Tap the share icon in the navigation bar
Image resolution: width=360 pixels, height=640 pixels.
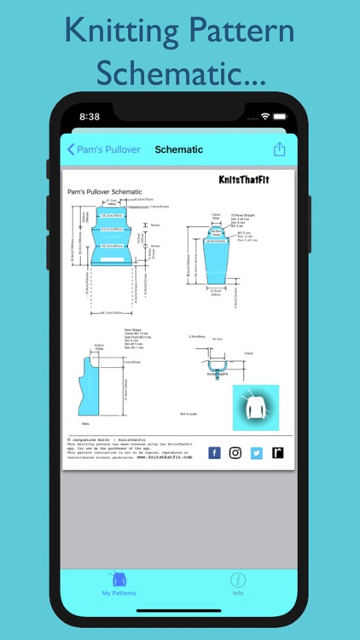pyautogui.click(x=279, y=149)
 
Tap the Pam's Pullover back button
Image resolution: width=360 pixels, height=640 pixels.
pyautogui.click(x=104, y=149)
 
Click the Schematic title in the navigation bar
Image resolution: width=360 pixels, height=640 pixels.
pyautogui.click(x=178, y=149)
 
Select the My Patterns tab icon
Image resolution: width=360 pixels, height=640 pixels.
pyautogui.click(x=119, y=580)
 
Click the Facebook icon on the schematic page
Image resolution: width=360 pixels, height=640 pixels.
pyautogui.click(x=214, y=453)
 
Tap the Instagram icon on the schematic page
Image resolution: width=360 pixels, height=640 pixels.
pyautogui.click(x=235, y=453)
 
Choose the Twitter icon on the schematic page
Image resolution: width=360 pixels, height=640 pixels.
pyautogui.click(x=256, y=453)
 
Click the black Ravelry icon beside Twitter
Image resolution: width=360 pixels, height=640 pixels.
pyautogui.click(x=277, y=453)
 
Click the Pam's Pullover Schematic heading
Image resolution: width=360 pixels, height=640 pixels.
pyautogui.click(x=105, y=192)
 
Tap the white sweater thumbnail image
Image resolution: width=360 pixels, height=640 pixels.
pyautogui.click(x=255, y=408)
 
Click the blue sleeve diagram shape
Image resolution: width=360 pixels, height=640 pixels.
pyautogui.click(x=218, y=256)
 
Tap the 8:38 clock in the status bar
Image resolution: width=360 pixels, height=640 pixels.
pyautogui.click(x=90, y=116)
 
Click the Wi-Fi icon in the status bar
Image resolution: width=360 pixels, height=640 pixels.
pyautogui.click(x=265, y=116)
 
